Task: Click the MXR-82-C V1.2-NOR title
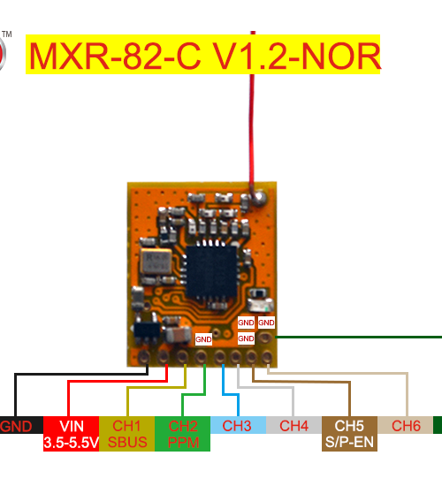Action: point(202,55)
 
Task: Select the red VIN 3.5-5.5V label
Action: point(71,434)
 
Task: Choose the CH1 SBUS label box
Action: point(127,434)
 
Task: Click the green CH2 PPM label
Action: point(182,434)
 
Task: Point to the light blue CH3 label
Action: point(238,425)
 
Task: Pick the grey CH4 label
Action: point(293,425)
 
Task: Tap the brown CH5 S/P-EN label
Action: point(349,434)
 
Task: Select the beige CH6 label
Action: point(405,425)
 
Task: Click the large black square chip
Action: point(211,271)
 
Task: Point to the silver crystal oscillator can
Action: point(156,261)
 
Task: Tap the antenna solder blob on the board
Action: point(259,198)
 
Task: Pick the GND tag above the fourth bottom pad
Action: point(203,339)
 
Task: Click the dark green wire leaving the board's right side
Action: point(358,337)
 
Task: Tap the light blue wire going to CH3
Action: point(231,395)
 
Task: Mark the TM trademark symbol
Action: point(7,34)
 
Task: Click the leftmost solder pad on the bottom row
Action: point(144,357)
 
